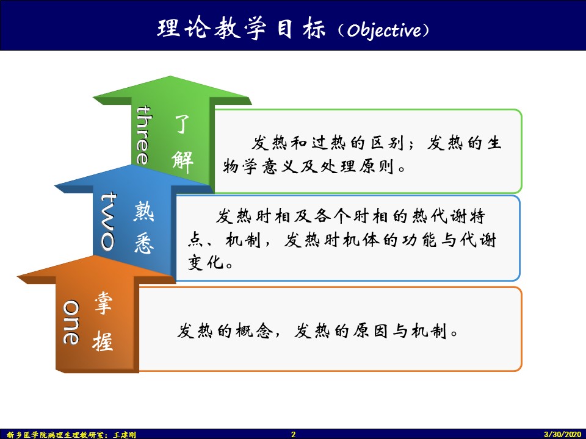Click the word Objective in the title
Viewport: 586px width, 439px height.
click(383, 30)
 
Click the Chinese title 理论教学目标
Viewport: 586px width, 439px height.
click(241, 29)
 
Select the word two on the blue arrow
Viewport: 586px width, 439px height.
click(108, 221)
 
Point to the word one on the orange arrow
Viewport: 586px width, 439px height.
click(71, 322)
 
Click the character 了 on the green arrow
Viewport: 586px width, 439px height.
click(183, 124)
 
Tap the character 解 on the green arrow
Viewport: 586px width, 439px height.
click(183, 162)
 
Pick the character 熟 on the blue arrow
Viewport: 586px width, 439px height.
click(144, 212)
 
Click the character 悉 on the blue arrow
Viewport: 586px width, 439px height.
click(144, 244)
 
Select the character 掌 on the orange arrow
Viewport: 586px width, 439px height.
click(103, 303)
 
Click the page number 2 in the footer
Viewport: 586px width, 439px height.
click(294, 434)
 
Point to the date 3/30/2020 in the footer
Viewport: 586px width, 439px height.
click(562, 434)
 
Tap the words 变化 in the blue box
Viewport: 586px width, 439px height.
click(206, 263)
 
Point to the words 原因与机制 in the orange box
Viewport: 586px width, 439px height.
click(400, 331)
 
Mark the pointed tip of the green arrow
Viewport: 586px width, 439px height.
click(171, 77)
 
